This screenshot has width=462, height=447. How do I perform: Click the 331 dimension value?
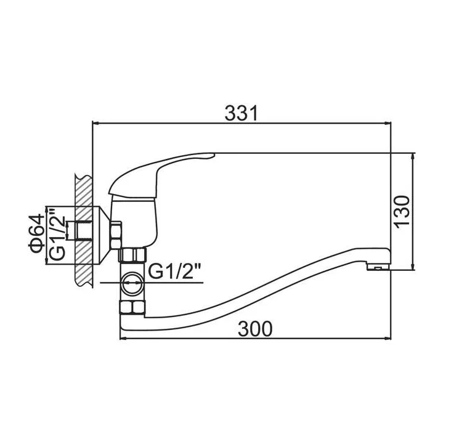241,113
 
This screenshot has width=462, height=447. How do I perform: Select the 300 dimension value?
256,329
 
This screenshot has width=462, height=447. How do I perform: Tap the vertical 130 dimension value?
402,211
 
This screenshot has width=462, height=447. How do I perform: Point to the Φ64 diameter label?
36,235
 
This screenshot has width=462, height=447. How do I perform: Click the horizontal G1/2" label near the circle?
174,272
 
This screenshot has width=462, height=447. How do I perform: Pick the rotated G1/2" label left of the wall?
57,235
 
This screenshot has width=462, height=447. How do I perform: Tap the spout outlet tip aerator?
378,267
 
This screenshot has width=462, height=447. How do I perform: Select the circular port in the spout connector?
132,283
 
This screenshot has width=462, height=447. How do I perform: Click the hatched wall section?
84,231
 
